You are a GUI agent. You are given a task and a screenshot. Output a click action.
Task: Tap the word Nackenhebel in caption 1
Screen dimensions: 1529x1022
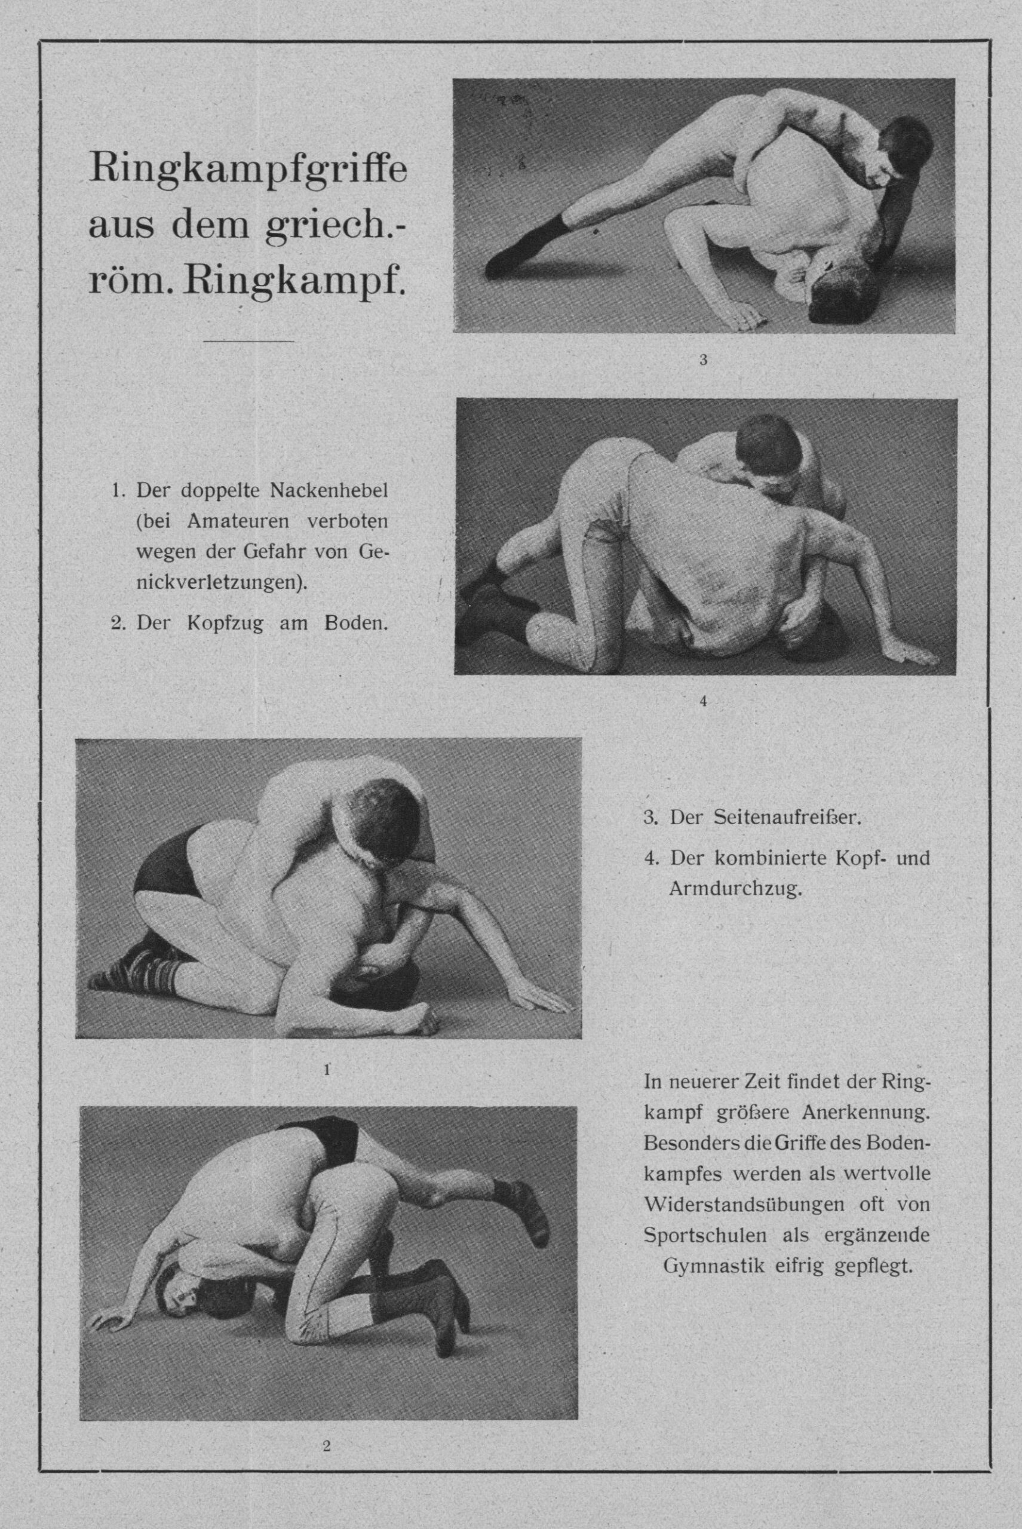click(329, 491)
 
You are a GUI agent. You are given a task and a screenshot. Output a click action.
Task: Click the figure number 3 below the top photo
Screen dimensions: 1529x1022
click(702, 359)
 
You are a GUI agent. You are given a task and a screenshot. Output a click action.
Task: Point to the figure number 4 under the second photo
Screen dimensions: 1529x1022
click(702, 701)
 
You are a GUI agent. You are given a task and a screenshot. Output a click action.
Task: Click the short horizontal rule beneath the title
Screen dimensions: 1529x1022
click(248, 341)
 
